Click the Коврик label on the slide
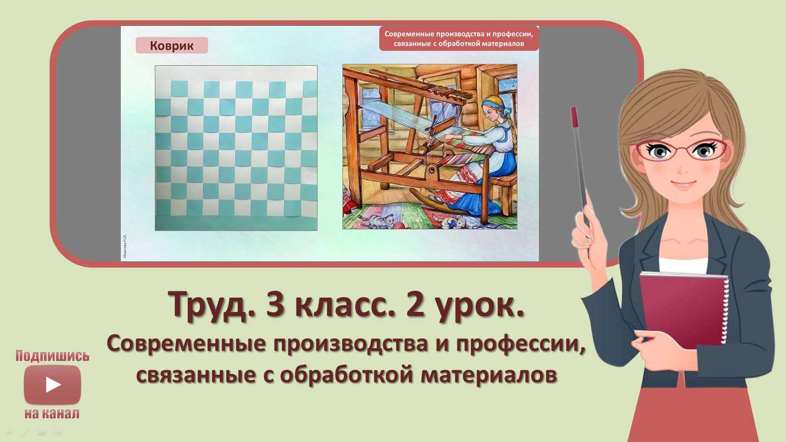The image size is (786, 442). pyautogui.click(x=171, y=46)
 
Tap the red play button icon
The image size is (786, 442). pyautogui.click(x=53, y=385)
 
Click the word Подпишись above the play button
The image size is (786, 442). pyautogui.click(x=53, y=356)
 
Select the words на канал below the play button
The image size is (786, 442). pyautogui.click(x=52, y=414)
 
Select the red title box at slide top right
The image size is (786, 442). pyautogui.click(x=458, y=39)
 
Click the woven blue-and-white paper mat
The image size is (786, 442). pyautogui.click(x=236, y=148)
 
